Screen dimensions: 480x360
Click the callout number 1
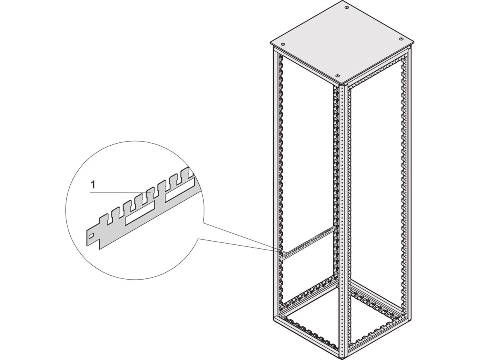coord(93,185)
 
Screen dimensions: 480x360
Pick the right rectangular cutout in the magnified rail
coord(180,189)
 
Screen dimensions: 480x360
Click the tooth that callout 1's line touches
coord(150,192)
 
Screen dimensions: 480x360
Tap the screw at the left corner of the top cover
coord(283,44)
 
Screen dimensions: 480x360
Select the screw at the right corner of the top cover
coord(401,39)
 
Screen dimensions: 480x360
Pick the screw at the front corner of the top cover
coord(337,76)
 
